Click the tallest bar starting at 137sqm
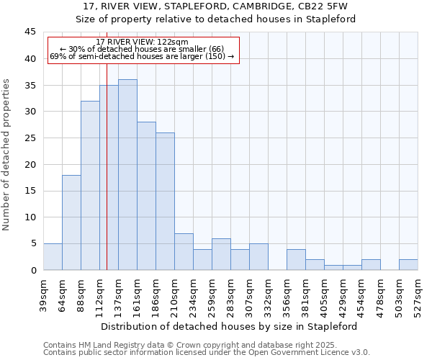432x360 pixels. click(127, 175)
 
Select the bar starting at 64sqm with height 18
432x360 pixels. click(71, 222)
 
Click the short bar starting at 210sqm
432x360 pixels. click(184, 252)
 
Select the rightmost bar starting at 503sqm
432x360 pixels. click(408, 265)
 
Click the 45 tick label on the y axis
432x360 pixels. click(30, 32)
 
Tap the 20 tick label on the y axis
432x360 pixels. click(30, 164)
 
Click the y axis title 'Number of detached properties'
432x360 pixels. click(7, 155)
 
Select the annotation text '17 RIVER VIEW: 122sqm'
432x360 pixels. click(142, 42)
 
